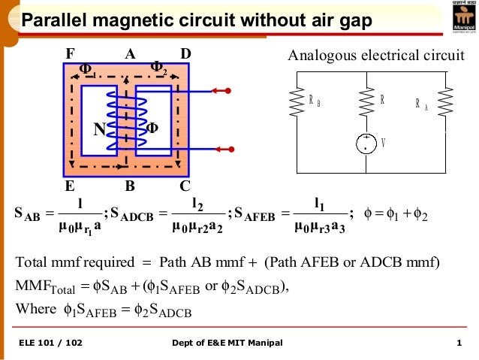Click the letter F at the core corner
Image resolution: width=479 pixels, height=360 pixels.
71,54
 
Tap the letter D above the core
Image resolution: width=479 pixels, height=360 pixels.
186,54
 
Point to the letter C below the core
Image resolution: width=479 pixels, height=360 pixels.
185,184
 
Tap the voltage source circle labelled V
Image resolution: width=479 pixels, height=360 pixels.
367,143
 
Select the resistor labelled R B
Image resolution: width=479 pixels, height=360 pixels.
297,104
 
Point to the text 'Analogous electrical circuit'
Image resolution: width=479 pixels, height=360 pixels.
377,55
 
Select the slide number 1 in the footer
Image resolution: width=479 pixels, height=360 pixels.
458,343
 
